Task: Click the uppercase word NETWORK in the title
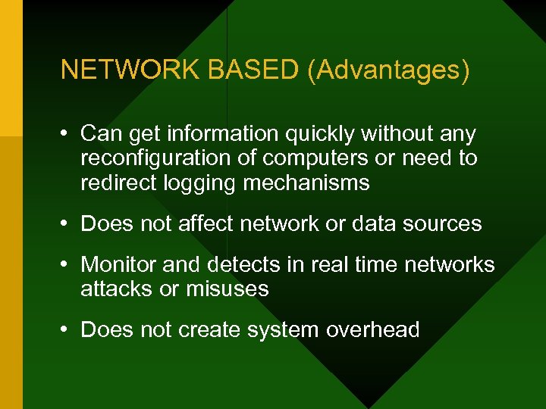(x=130, y=70)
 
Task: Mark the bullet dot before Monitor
(x=67, y=264)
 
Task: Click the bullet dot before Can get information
(x=67, y=134)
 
